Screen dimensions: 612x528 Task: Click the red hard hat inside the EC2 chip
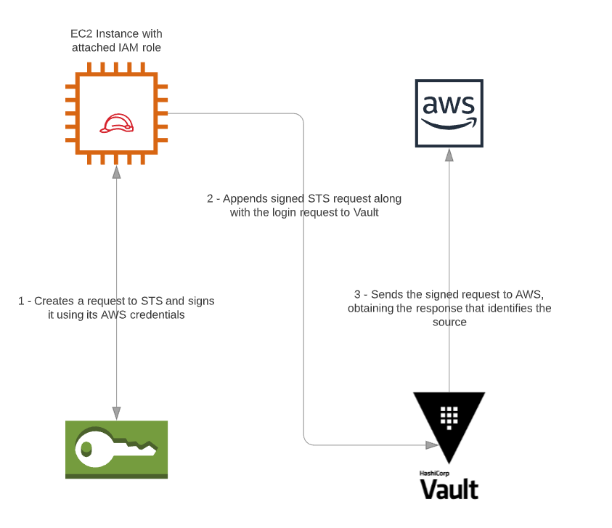tap(116, 123)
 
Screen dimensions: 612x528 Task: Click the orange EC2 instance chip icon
tap(116, 113)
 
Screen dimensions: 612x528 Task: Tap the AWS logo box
tap(449, 113)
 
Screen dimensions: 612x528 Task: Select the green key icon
tap(116, 450)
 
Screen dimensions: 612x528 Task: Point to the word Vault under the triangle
tap(449, 490)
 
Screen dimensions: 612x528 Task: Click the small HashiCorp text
tap(434, 474)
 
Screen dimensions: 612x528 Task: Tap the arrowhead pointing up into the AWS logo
tap(449, 155)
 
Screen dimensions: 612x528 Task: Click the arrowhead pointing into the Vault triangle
tap(432, 444)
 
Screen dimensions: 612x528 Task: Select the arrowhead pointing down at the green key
tap(116, 413)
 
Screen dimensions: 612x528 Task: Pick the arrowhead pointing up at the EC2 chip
tap(116, 172)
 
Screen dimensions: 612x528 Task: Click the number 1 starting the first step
tap(21, 301)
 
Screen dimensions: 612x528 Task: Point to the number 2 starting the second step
tap(210, 199)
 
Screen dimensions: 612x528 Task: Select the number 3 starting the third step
tap(357, 294)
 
